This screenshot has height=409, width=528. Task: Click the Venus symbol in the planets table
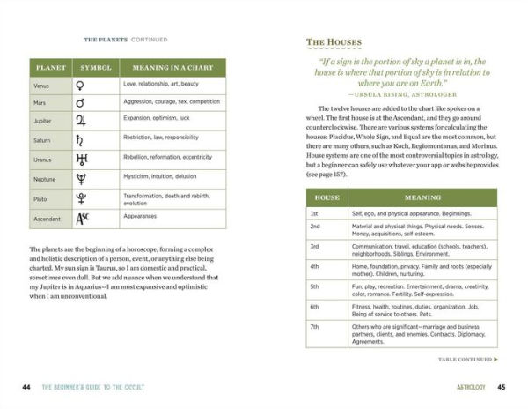(x=82, y=86)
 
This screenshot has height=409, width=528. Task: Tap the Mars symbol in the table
(x=82, y=102)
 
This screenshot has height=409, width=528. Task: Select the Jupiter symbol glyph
(x=82, y=121)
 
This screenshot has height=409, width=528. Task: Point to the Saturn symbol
(x=82, y=139)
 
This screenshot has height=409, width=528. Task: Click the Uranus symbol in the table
(x=82, y=159)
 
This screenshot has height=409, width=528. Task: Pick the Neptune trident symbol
(x=82, y=179)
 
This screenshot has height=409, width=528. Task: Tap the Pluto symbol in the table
(x=82, y=197)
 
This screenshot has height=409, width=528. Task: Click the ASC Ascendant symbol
(x=82, y=218)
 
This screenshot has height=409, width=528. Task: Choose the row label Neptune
(x=44, y=179)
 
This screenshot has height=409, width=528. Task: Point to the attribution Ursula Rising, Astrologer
(x=400, y=93)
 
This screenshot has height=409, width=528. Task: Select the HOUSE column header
(x=326, y=197)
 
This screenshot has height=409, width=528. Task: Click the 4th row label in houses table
(x=314, y=265)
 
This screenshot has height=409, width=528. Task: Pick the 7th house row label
(x=314, y=327)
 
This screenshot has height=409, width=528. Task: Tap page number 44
(x=26, y=387)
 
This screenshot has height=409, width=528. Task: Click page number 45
(x=501, y=387)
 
